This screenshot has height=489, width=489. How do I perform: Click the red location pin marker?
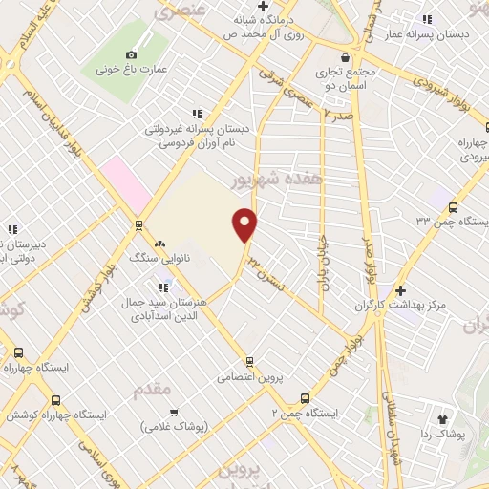coord(245,223)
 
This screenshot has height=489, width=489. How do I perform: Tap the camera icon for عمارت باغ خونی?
coord(132,55)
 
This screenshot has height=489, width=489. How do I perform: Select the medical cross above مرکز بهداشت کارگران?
coord(400,289)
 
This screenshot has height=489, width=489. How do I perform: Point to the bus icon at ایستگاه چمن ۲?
coord(305,397)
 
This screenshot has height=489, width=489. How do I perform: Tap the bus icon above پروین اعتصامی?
coord(250,361)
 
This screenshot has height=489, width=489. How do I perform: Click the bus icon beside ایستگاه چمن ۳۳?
coord(453,207)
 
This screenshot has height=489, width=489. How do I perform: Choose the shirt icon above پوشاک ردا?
coord(442,418)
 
